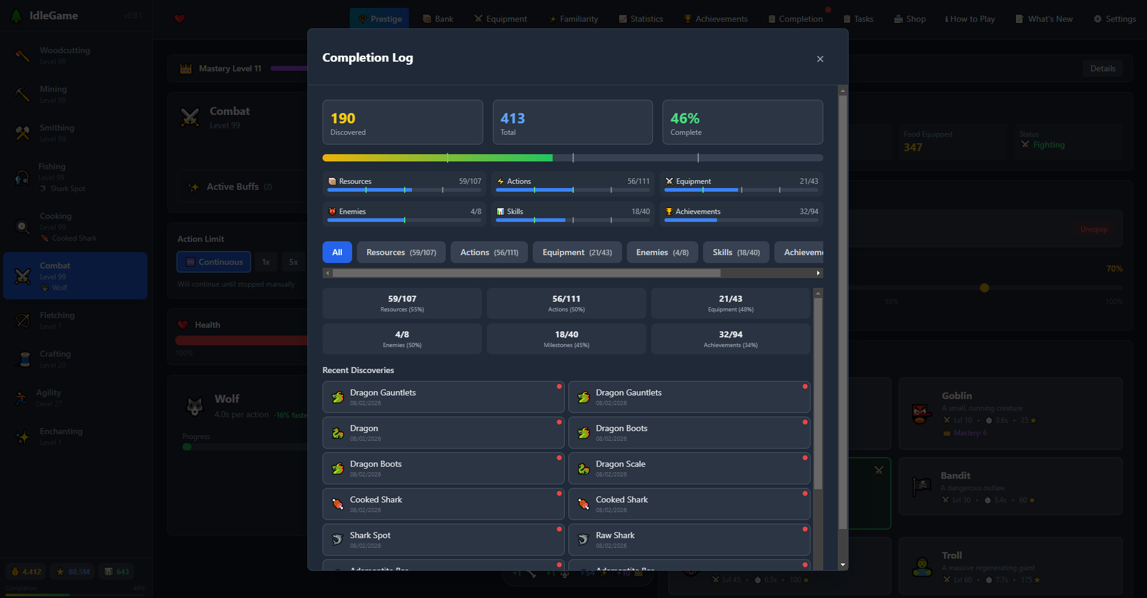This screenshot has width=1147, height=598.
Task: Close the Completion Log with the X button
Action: (x=820, y=59)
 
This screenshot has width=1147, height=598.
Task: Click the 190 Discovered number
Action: (x=343, y=119)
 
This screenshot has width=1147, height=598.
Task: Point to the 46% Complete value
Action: (x=685, y=119)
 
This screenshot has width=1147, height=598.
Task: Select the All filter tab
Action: (x=337, y=252)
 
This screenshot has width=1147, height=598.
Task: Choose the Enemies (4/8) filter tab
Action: (x=662, y=252)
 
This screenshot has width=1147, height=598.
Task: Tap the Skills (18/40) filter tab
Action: (x=736, y=252)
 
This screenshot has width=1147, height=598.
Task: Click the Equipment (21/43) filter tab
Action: (x=577, y=252)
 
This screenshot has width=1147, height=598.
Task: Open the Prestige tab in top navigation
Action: (x=379, y=19)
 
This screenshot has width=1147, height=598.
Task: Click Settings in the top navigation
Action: (x=1114, y=19)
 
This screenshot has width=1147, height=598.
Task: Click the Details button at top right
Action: (x=1102, y=68)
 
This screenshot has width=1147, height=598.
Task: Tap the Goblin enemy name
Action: (x=957, y=395)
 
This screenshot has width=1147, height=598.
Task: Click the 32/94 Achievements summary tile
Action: (x=730, y=339)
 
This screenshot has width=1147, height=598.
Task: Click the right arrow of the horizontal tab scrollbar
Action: (x=818, y=273)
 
